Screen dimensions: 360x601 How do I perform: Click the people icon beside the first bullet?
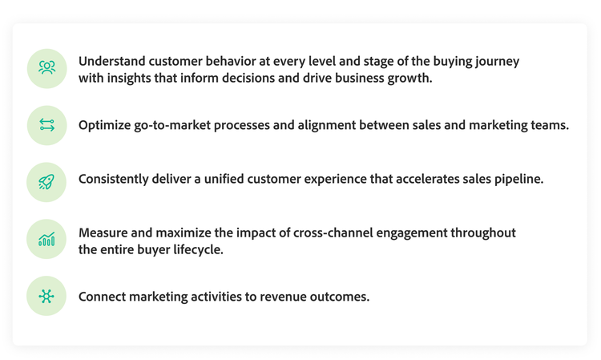pyautogui.click(x=46, y=68)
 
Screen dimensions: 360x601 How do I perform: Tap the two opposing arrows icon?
pyautogui.click(x=46, y=125)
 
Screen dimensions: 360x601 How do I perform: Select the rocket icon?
pyautogui.click(x=46, y=182)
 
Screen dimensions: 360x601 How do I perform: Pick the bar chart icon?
pyautogui.click(x=46, y=239)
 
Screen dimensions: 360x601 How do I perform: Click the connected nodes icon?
pyautogui.click(x=46, y=296)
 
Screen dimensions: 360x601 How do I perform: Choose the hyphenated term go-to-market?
pyautogui.click(x=179, y=125)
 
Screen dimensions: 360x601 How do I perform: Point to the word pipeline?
pyautogui.click(x=515, y=179)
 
